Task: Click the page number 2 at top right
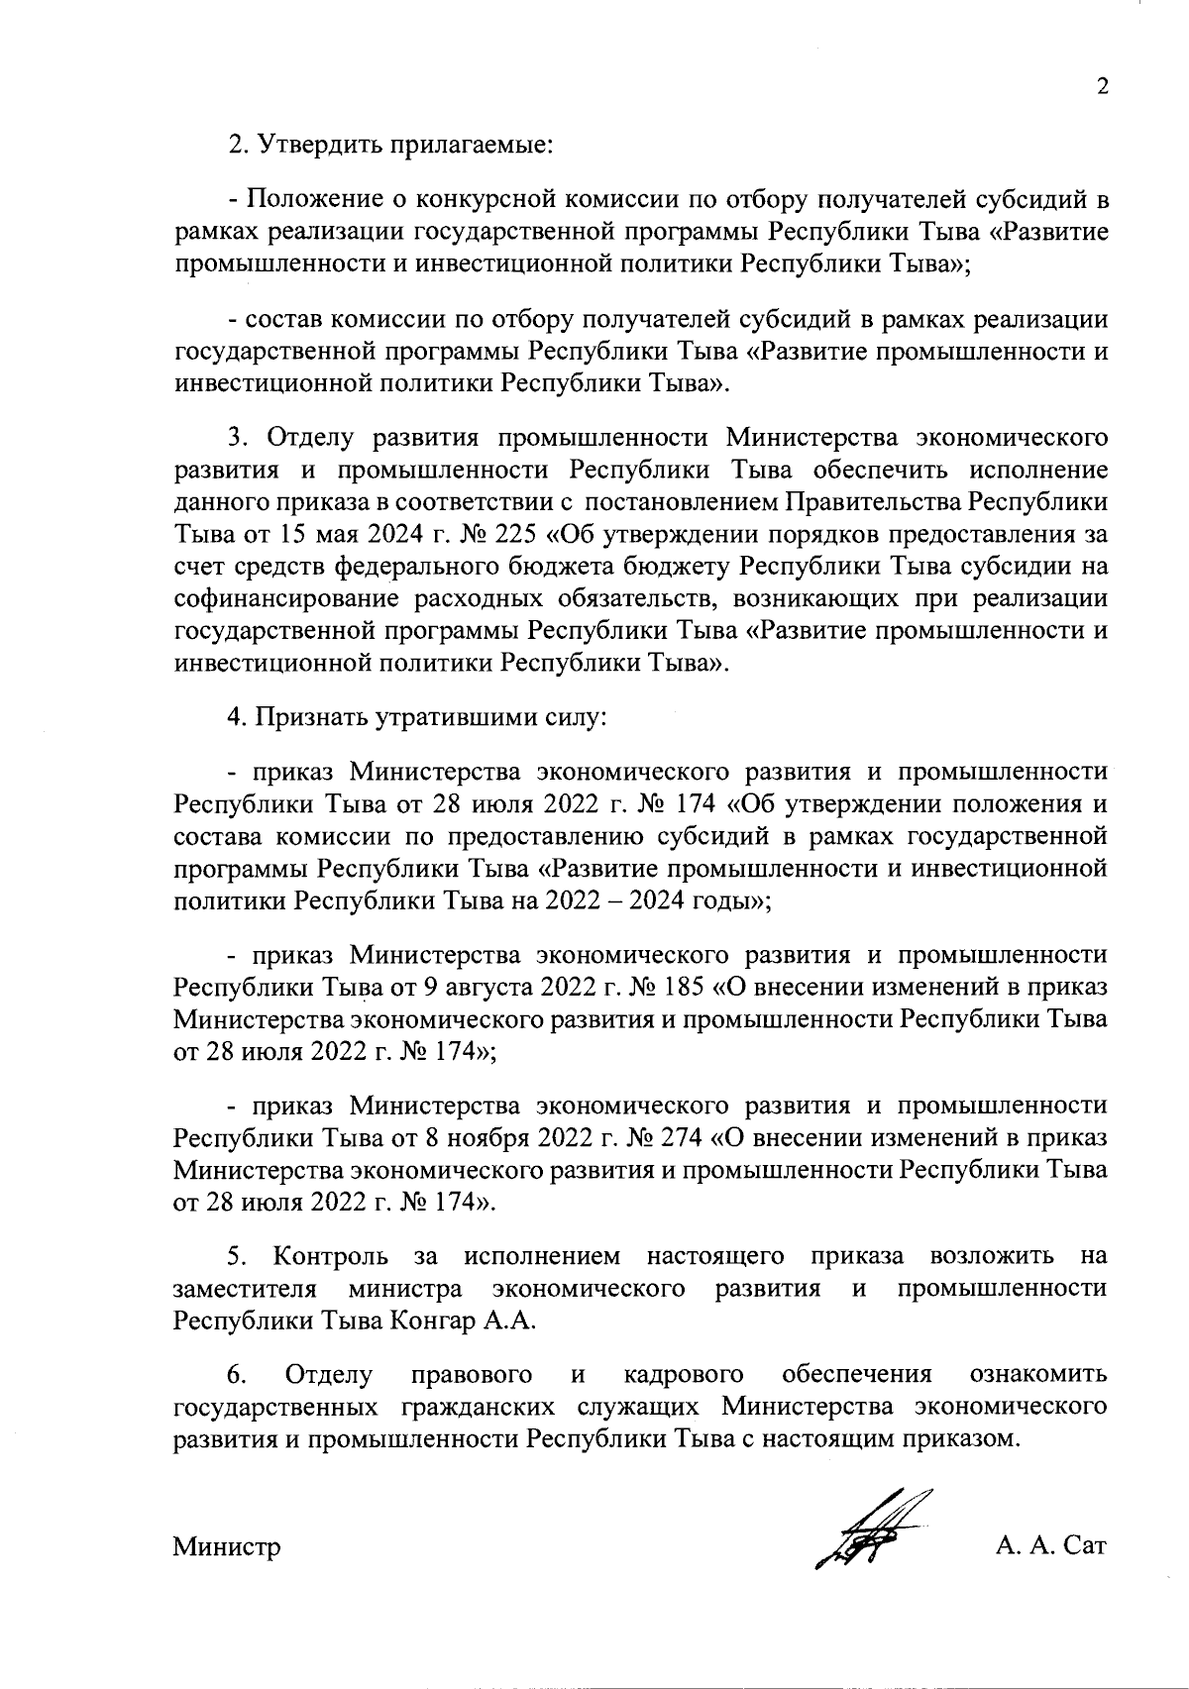pyautogui.click(x=1101, y=86)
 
